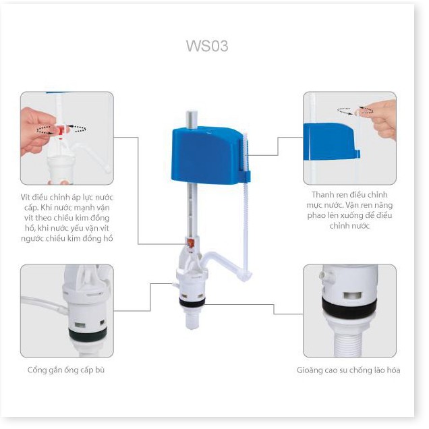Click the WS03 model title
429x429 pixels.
207,46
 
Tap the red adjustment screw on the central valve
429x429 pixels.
190,243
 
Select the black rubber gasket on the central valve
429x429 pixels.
192,301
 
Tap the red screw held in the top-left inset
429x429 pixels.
61,130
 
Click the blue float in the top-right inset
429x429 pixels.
331,142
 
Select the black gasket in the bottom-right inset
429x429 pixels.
349,307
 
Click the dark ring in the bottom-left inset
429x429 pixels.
88,334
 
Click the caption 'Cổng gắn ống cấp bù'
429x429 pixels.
66,370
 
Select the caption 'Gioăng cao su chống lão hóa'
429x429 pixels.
349,370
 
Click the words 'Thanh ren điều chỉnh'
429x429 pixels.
349,194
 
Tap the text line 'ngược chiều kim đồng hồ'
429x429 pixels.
67,238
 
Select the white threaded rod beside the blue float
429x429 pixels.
245,202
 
